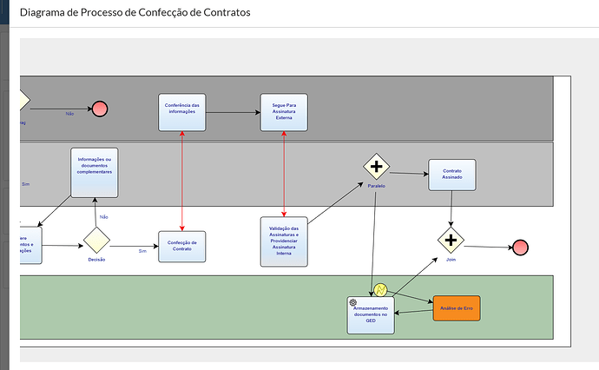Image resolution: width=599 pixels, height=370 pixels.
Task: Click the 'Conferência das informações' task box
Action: click(x=182, y=112)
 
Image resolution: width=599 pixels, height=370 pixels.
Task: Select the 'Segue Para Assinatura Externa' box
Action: click(x=284, y=112)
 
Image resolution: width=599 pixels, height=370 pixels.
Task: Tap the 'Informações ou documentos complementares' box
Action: click(x=95, y=173)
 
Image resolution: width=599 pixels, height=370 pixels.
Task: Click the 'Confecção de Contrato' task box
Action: click(x=182, y=246)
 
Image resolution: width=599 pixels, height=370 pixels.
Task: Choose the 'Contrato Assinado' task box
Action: click(x=451, y=178)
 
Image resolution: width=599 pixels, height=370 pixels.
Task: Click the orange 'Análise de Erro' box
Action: click(x=456, y=308)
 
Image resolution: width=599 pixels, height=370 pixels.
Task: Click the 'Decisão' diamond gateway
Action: click(x=96, y=241)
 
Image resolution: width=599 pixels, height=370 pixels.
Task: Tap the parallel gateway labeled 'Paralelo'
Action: click(x=376, y=167)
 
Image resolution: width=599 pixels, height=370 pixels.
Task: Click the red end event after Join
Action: click(x=520, y=248)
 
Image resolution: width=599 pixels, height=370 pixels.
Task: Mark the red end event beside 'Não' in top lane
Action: click(x=100, y=109)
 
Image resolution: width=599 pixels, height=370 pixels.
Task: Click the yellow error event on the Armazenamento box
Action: click(x=380, y=289)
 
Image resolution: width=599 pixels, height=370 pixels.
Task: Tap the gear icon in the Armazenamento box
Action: click(x=353, y=302)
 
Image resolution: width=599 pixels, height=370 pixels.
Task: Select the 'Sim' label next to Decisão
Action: click(x=142, y=251)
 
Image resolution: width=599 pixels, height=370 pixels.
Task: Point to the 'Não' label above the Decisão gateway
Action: click(x=103, y=216)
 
